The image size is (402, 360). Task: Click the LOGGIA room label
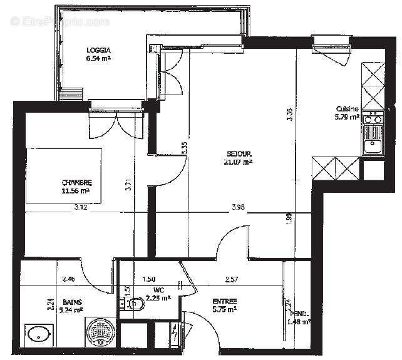(x=99, y=49)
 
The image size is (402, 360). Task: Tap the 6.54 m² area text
(x=98, y=58)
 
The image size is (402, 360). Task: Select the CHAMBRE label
(x=76, y=183)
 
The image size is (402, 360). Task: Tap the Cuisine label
(x=348, y=108)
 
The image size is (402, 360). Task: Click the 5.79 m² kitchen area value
(x=348, y=116)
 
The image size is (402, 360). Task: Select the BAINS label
(x=70, y=302)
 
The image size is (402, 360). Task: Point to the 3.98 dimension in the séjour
(x=238, y=207)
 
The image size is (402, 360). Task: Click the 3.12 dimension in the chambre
(x=80, y=207)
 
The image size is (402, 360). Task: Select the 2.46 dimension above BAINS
(x=68, y=279)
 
